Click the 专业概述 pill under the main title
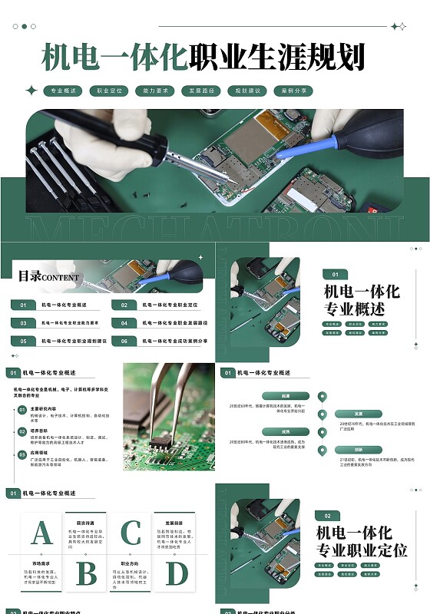click(x=63, y=91)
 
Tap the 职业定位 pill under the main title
click(x=109, y=91)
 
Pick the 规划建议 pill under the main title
click(x=247, y=91)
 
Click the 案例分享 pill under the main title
click(x=293, y=91)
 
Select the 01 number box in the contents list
click(x=23, y=305)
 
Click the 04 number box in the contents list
click(x=124, y=323)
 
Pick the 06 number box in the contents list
click(x=124, y=341)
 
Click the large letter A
click(x=41, y=533)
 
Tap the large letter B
click(x=86, y=573)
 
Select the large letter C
click(x=131, y=533)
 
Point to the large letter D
click(x=177, y=573)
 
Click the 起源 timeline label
click(x=286, y=396)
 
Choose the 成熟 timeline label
click(x=286, y=431)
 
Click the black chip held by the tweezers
click(x=159, y=443)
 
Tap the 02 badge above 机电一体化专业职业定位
click(x=327, y=516)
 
